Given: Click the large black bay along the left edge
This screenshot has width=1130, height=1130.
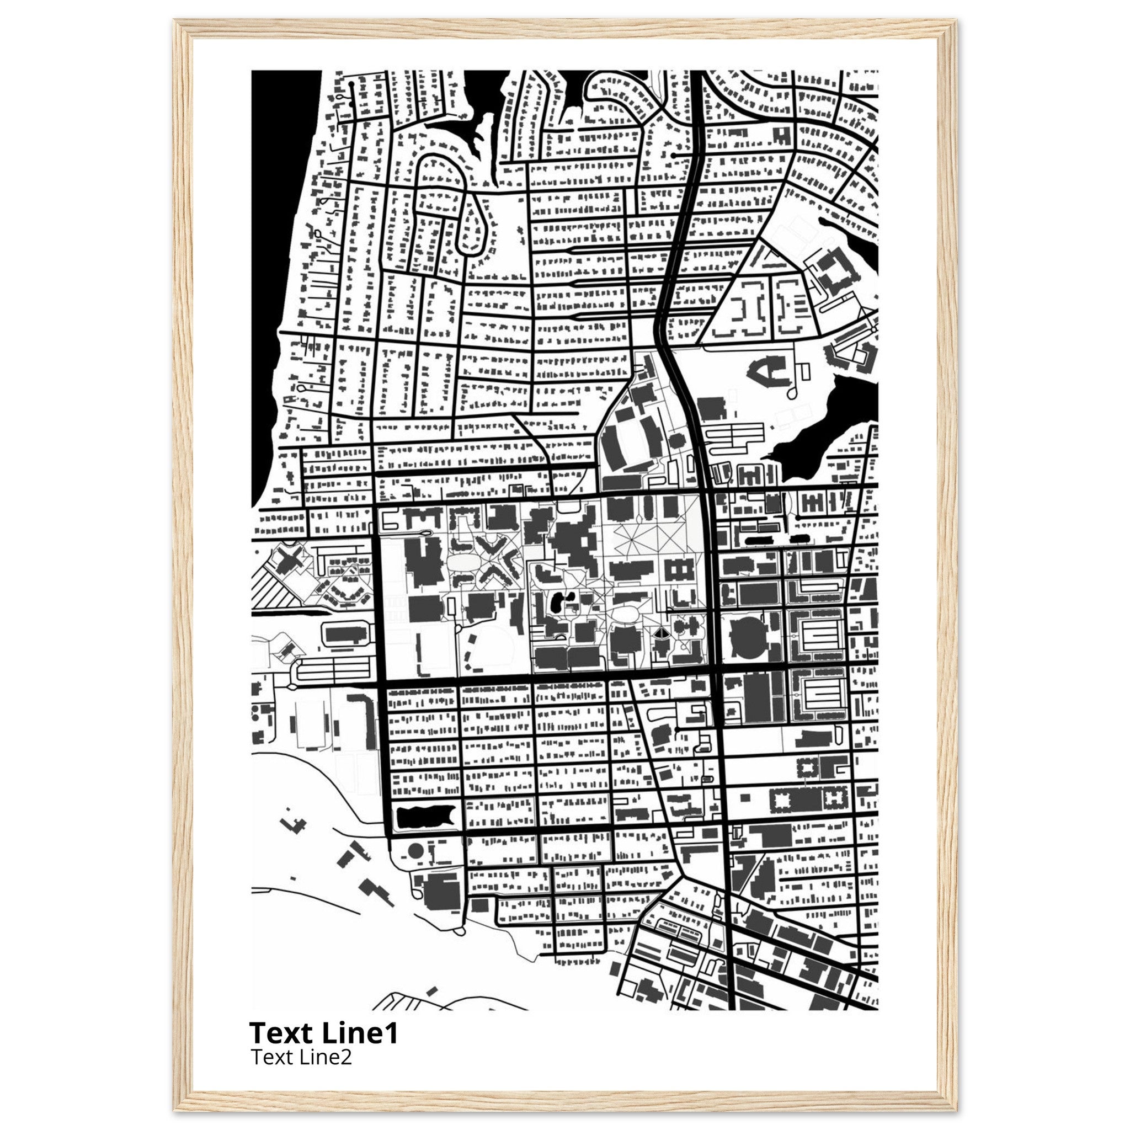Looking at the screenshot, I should pyautogui.click(x=278, y=234).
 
